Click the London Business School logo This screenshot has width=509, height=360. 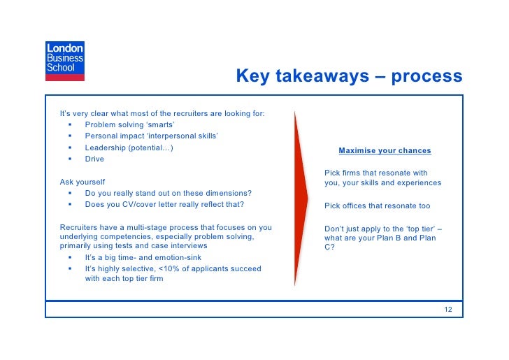(64, 58)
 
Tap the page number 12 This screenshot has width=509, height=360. (448, 309)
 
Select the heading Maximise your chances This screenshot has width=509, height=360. (385, 150)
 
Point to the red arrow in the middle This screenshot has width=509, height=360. (301, 199)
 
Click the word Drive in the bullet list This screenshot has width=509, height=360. (94, 159)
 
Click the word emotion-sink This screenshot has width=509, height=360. (162, 257)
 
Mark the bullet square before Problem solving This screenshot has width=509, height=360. (71, 125)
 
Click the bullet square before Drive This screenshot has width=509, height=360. (71, 159)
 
